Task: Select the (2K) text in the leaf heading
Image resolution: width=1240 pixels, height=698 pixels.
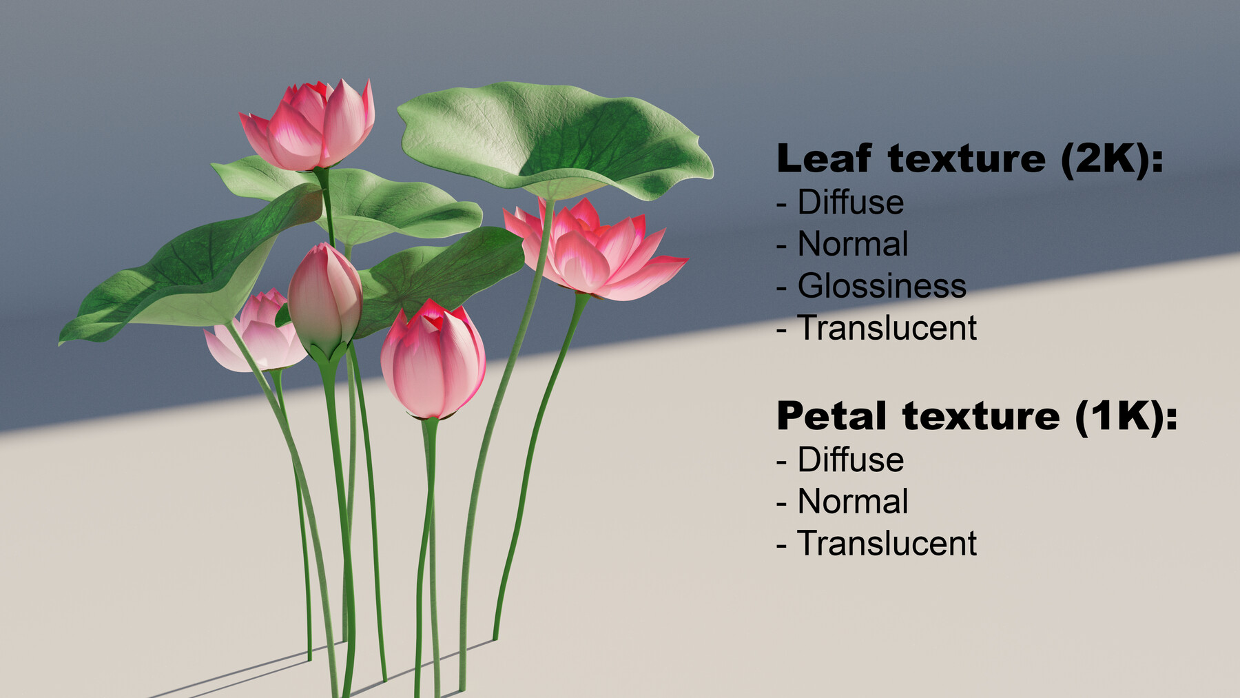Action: (1111, 158)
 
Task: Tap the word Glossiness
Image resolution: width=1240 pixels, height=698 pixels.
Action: (881, 286)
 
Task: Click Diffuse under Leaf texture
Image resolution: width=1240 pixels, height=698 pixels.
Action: (850, 203)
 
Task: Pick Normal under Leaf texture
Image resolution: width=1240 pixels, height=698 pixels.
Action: (852, 244)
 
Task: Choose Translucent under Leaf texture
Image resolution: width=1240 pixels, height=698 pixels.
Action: (887, 328)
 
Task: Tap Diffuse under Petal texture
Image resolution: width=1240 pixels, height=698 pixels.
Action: (850, 460)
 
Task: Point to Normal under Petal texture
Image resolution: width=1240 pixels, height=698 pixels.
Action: (852, 502)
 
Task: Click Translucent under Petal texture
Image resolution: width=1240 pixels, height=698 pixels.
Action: (887, 544)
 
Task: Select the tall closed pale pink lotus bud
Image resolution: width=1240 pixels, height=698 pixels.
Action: (324, 296)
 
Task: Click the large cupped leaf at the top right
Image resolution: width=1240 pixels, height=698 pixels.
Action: (551, 138)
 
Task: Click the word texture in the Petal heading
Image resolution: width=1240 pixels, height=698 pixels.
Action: (981, 416)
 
